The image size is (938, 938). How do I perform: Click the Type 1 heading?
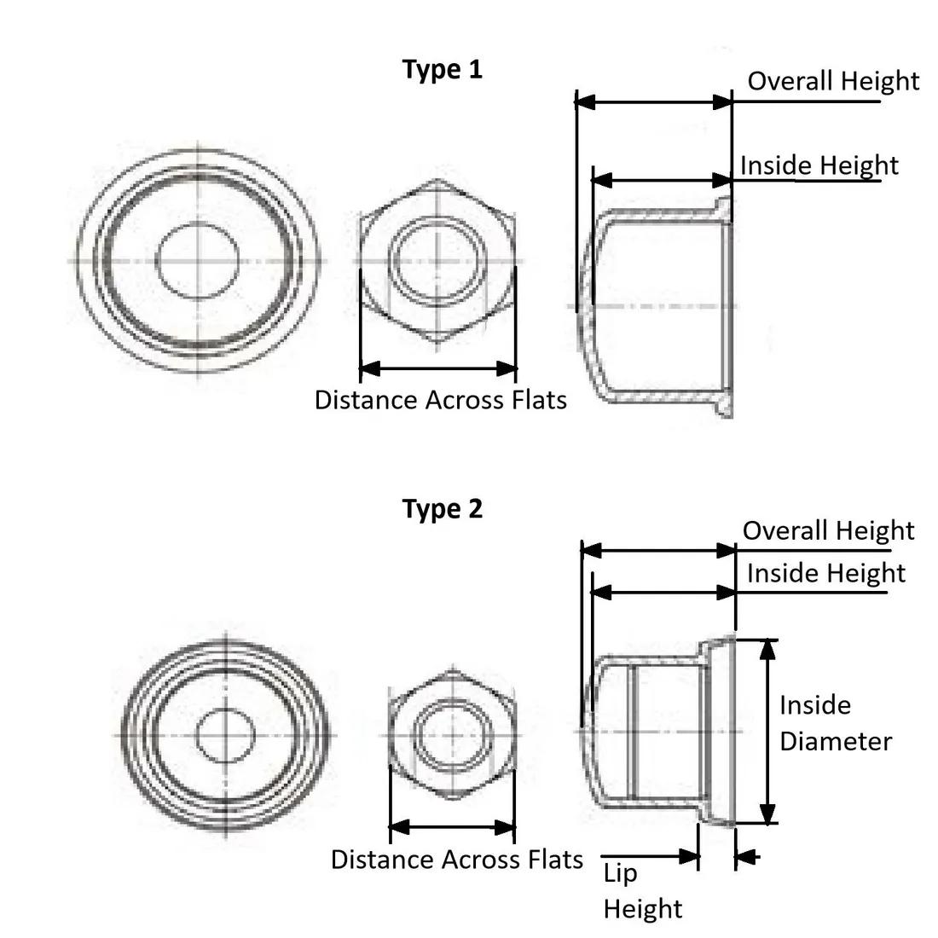click(x=442, y=70)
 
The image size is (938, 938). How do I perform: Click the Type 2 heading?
click(x=442, y=510)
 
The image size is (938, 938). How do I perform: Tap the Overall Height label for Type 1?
click(x=833, y=81)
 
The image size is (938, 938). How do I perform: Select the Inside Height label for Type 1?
click(x=819, y=165)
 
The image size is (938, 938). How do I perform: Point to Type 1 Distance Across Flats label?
click(x=440, y=400)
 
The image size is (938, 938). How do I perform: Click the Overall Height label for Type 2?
click(x=829, y=530)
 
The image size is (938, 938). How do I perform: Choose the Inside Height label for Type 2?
click(x=826, y=574)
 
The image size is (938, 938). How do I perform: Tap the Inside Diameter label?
click(x=836, y=724)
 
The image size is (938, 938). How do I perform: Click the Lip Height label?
click(x=642, y=891)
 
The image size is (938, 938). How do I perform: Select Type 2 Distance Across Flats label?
click(x=456, y=860)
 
